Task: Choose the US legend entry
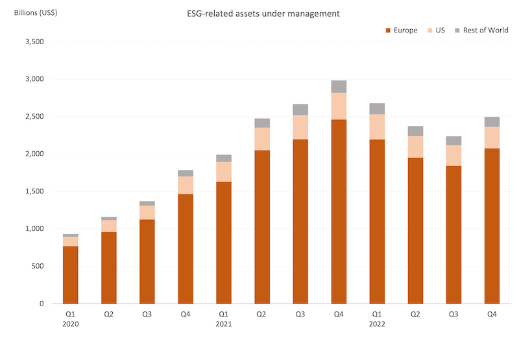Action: [436, 30]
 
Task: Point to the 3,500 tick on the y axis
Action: [32, 42]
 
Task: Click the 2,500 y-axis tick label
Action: [32, 117]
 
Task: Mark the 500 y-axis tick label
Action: [36, 266]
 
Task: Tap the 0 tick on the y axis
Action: [40, 304]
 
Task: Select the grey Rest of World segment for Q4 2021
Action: [339, 86]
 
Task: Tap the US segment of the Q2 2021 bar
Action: [262, 139]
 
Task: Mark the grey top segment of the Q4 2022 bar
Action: [492, 121]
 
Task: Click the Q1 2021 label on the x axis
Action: [224, 318]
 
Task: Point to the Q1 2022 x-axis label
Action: [377, 318]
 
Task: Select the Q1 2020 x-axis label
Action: [70, 318]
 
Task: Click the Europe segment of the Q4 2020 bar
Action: [186, 249]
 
